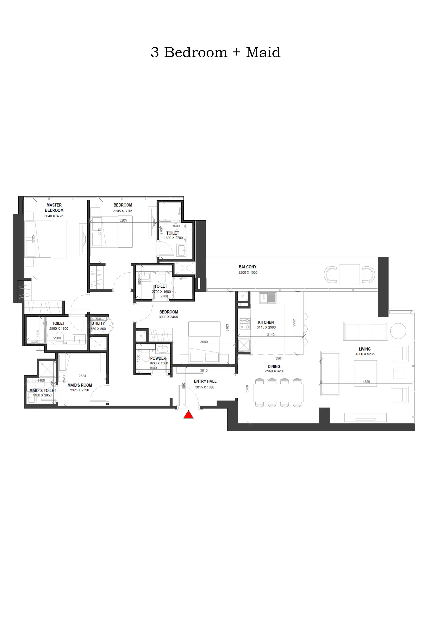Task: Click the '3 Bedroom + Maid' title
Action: [x=215, y=52]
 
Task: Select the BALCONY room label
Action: [x=247, y=267]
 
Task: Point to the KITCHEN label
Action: [x=266, y=322]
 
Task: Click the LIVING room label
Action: [x=365, y=349]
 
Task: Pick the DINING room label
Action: [x=274, y=366]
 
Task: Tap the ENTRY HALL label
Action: [x=205, y=381]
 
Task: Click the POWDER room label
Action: [x=158, y=358]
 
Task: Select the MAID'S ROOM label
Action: [x=80, y=385]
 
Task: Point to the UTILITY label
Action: [x=98, y=323]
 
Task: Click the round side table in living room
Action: [x=398, y=331]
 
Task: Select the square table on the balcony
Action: [x=349, y=275]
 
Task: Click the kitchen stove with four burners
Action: [x=245, y=323]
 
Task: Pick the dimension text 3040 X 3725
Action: [x=54, y=216]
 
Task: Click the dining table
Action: [x=278, y=392]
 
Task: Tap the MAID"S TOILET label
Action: [x=43, y=390]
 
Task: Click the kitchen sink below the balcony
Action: [x=268, y=298]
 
